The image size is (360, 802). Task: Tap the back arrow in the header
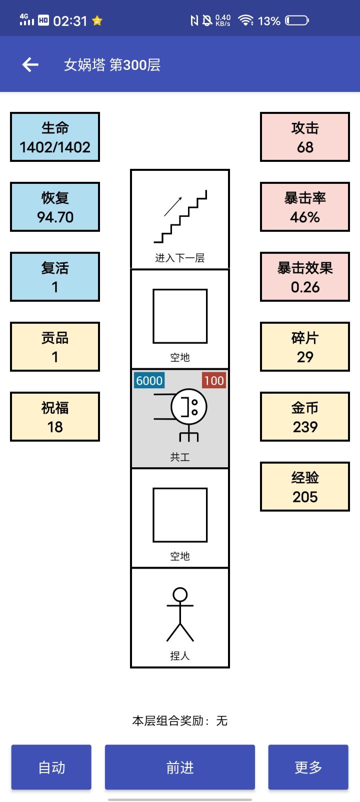(30, 64)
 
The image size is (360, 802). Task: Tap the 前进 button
(180, 767)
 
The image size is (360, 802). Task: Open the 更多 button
(308, 767)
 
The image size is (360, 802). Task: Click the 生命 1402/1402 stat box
(55, 137)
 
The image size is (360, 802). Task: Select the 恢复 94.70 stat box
(55, 207)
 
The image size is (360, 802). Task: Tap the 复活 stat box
(55, 277)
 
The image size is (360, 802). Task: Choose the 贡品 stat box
(55, 347)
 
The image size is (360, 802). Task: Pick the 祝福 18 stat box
(55, 417)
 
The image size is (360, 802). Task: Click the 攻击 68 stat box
(305, 137)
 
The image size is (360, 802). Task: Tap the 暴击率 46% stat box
(305, 207)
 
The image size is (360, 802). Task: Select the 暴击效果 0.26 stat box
(305, 277)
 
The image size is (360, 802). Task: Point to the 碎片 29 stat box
(305, 347)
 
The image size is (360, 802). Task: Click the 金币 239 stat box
(305, 417)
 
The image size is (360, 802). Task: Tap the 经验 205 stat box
(305, 487)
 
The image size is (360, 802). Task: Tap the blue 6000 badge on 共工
(149, 380)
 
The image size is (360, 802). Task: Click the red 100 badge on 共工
(213, 380)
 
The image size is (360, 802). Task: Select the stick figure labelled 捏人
(180, 615)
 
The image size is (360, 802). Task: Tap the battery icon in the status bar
(296, 20)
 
